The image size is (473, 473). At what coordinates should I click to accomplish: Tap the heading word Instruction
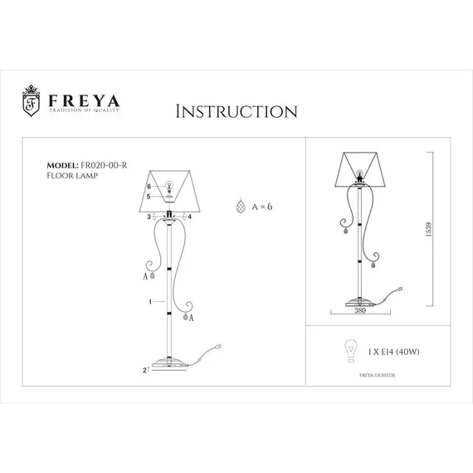(236, 111)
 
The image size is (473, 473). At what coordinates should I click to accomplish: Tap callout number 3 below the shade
(149, 217)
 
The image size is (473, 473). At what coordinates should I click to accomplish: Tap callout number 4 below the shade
(190, 217)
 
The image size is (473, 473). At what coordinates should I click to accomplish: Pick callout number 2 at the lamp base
(145, 367)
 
